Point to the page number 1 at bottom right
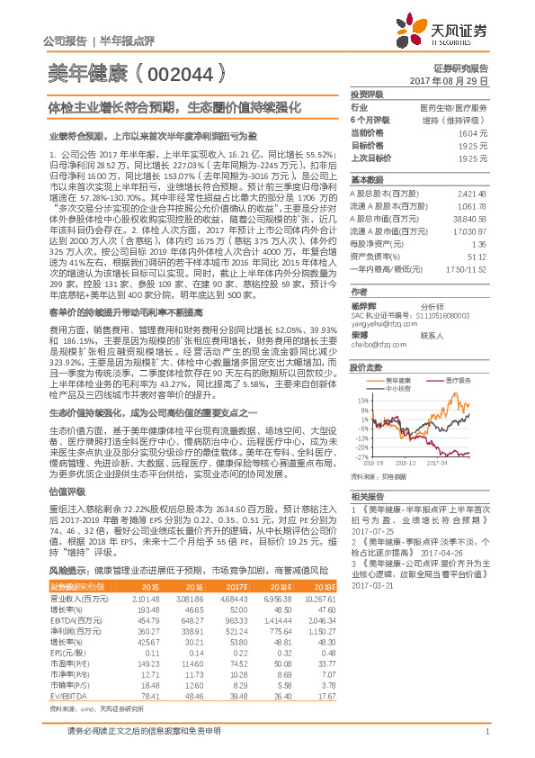[x=486, y=732]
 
